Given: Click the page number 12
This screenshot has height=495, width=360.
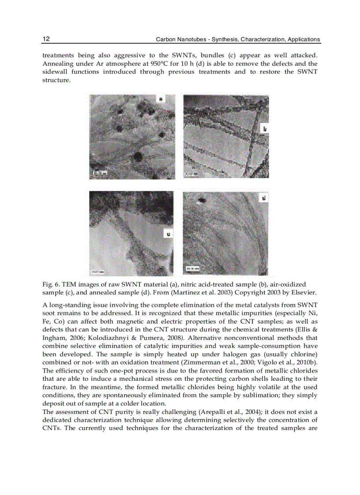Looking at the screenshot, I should coord(46,39).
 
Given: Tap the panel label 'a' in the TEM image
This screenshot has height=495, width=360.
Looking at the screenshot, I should coord(161,100).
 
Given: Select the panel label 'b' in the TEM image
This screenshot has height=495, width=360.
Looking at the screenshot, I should coord(265,129).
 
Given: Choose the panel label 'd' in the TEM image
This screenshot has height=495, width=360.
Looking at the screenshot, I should coord(264,199).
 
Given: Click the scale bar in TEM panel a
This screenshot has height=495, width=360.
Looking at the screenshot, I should coord(99,173).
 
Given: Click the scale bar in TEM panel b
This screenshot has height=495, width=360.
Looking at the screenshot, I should coord(191,175).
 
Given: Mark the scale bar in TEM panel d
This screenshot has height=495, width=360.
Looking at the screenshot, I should coord(193,268).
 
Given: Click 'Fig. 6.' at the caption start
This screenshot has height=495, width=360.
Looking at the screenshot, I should coord(50,285).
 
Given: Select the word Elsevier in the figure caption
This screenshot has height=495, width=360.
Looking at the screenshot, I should coord(305,293).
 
